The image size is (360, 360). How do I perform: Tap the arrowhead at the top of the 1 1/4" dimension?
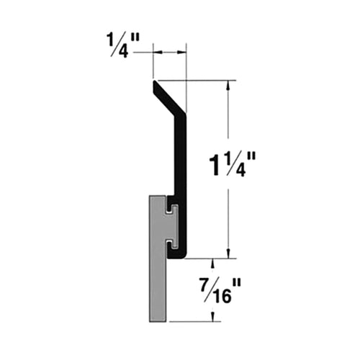click(x=228, y=85)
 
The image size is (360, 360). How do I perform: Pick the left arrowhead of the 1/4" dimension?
click(x=157, y=52)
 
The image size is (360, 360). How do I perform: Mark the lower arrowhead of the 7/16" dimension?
click(x=213, y=318)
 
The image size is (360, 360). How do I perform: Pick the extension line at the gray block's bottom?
click(x=194, y=322)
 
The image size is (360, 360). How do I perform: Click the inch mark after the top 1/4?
click(x=139, y=49)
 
